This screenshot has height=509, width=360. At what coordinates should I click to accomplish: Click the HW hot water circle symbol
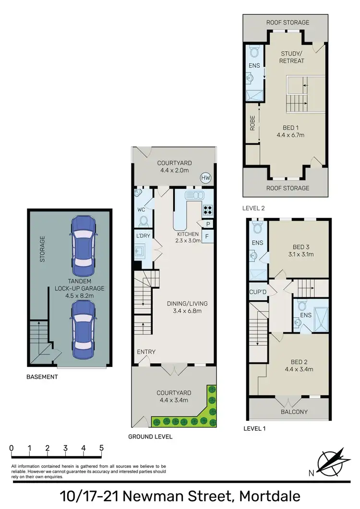coord(206,178)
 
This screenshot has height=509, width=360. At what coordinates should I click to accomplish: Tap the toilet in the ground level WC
coord(143,221)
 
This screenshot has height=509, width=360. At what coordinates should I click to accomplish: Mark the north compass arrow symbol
coord(332,461)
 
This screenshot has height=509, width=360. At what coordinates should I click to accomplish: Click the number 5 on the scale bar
coord(101,448)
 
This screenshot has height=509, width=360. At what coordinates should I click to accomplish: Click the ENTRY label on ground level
coord(146,352)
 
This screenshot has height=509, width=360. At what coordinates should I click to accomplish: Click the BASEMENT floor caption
coord(42,377)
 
